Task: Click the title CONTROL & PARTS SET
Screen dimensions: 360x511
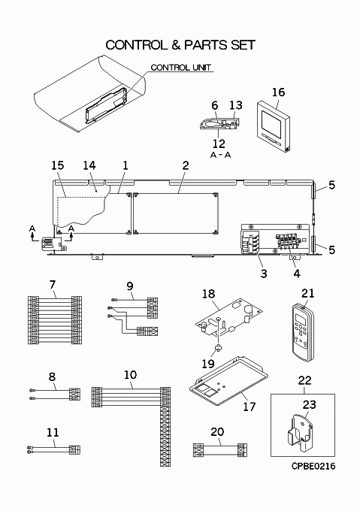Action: [x=180, y=45]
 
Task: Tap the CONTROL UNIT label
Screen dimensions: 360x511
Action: [x=181, y=68]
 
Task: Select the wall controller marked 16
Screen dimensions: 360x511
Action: [x=273, y=127]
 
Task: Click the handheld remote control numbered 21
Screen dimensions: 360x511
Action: [x=303, y=332]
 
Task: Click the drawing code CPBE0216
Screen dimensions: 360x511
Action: [x=313, y=467]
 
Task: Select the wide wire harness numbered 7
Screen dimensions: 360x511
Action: [x=55, y=320]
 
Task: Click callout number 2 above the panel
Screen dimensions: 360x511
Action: [x=186, y=165]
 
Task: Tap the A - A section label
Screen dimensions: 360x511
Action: [x=220, y=155]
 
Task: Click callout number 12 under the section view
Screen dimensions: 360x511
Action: [x=219, y=144]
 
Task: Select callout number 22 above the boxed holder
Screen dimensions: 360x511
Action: [x=304, y=380]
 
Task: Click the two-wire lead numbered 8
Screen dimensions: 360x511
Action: [x=55, y=394]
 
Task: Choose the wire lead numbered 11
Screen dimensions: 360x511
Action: [x=54, y=449]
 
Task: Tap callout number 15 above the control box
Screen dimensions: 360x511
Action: [x=58, y=165]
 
